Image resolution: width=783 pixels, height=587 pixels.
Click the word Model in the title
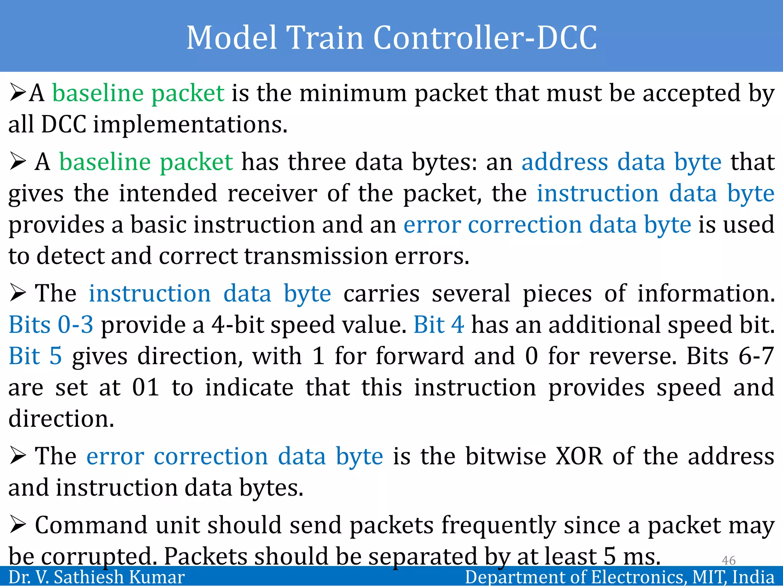coord(231,37)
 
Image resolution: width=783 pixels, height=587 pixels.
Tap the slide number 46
coord(728,560)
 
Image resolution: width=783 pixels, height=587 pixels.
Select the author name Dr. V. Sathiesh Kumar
coord(96,577)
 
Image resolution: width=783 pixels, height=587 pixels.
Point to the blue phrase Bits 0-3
coord(51,325)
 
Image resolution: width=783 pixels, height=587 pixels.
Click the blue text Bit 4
coord(439,325)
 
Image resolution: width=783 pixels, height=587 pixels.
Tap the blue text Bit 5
coord(35,356)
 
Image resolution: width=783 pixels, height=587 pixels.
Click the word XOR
coord(579,456)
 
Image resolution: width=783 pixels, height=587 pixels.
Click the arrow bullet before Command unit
coord(18,525)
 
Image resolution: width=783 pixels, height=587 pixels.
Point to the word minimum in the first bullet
coord(353,93)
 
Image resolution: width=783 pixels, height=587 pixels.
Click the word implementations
coord(190,125)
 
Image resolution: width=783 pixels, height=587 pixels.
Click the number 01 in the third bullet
coord(146,388)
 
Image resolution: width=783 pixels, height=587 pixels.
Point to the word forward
coord(420,356)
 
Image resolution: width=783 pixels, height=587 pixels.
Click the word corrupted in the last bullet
coord(99,557)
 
